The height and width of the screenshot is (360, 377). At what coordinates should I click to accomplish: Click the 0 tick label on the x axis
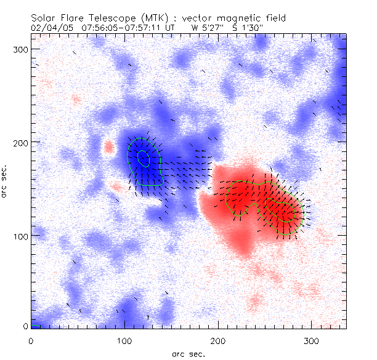[x=31, y=340]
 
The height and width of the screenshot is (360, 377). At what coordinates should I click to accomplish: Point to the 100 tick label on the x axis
[x=124, y=340]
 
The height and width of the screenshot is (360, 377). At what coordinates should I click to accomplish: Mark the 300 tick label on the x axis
[x=312, y=340]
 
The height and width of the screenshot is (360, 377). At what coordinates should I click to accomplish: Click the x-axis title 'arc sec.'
[x=188, y=354]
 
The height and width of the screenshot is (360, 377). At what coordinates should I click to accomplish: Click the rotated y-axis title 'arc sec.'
[x=6, y=182]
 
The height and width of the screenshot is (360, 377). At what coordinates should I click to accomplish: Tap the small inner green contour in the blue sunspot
[x=143, y=159]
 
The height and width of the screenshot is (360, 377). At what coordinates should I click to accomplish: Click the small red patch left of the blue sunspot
[x=110, y=146]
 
